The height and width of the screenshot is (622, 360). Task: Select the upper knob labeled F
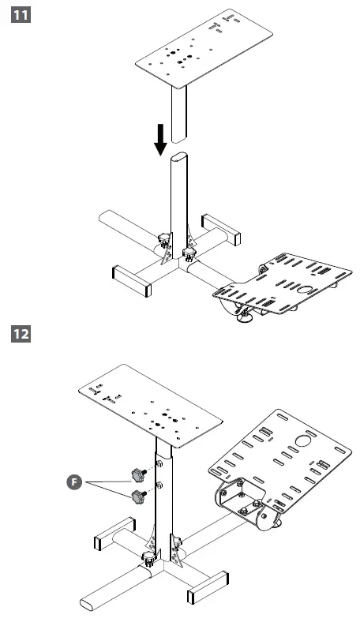click(138, 474)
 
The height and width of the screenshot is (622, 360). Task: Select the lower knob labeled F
click(140, 497)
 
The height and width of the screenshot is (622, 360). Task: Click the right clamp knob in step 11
click(189, 253)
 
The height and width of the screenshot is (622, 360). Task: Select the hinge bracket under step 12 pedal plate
click(245, 505)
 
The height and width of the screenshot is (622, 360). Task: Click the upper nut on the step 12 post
click(159, 464)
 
